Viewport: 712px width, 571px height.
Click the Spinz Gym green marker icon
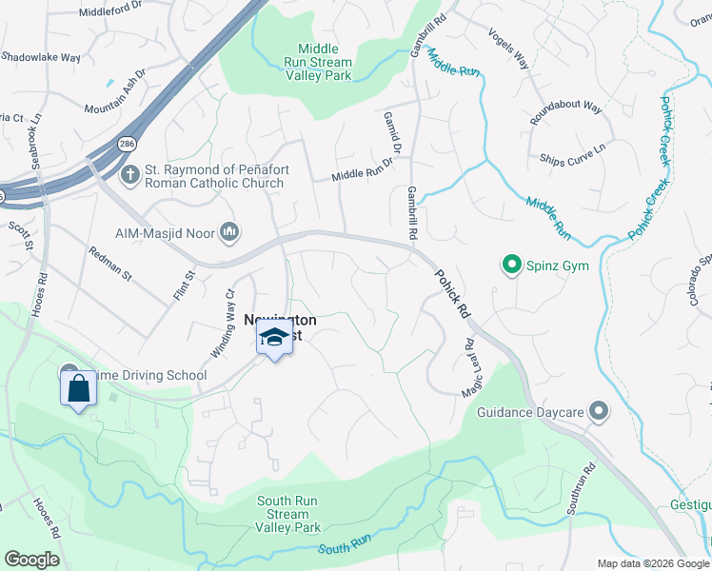tap(511, 265)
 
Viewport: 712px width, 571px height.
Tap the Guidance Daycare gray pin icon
tap(598, 410)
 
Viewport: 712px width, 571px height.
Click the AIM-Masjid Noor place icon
tap(228, 231)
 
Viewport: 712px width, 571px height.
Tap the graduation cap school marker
tap(274, 338)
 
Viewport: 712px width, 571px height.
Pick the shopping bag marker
tap(77, 388)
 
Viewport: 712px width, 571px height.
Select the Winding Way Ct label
tap(221, 323)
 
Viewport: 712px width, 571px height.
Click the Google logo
tap(31, 560)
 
